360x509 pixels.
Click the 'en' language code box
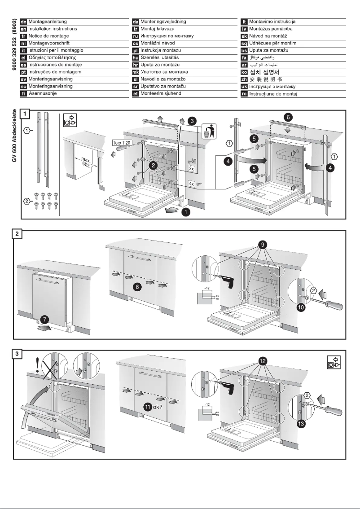[x=25, y=29]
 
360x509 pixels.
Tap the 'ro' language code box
[x=245, y=94]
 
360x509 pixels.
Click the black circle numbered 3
[x=192, y=121]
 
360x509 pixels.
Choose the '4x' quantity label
[x=191, y=183]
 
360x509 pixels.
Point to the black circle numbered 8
[x=139, y=285]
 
